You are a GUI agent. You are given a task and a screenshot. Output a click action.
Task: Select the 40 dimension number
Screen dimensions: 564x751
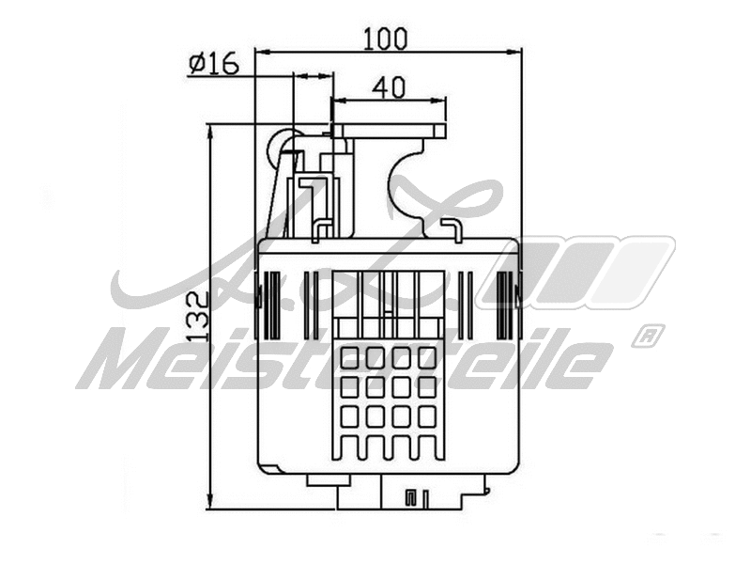389,87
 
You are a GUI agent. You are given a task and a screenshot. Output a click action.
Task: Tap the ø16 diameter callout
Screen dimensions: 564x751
214,64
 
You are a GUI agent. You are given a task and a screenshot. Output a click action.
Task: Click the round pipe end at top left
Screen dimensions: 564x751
282,148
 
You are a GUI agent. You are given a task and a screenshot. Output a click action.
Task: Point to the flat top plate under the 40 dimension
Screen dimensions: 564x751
390,131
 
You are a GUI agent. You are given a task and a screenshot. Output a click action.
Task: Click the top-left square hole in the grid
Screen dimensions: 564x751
350,357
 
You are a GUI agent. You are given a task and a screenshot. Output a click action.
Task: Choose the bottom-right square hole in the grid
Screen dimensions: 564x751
427,415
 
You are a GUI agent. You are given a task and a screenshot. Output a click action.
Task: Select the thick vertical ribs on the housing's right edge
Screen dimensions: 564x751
508,304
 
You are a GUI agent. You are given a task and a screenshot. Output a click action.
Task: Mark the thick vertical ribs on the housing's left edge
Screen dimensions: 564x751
271,304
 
